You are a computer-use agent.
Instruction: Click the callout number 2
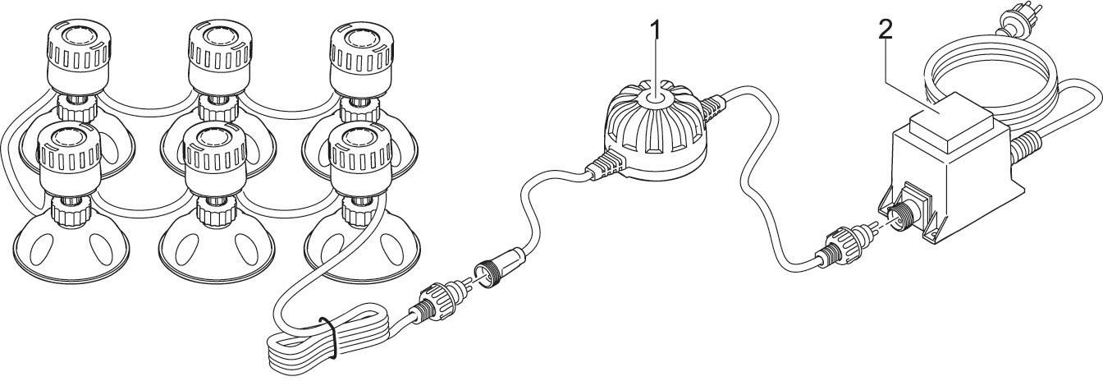click(x=885, y=31)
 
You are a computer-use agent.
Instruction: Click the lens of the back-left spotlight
click(x=79, y=35)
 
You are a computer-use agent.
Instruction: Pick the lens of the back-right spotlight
click(x=361, y=39)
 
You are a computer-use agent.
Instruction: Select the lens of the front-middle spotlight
click(x=215, y=137)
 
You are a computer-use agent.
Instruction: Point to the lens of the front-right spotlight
click(x=360, y=139)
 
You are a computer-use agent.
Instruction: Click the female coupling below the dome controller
click(x=501, y=264)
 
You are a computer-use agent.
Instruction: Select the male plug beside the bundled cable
click(x=439, y=301)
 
